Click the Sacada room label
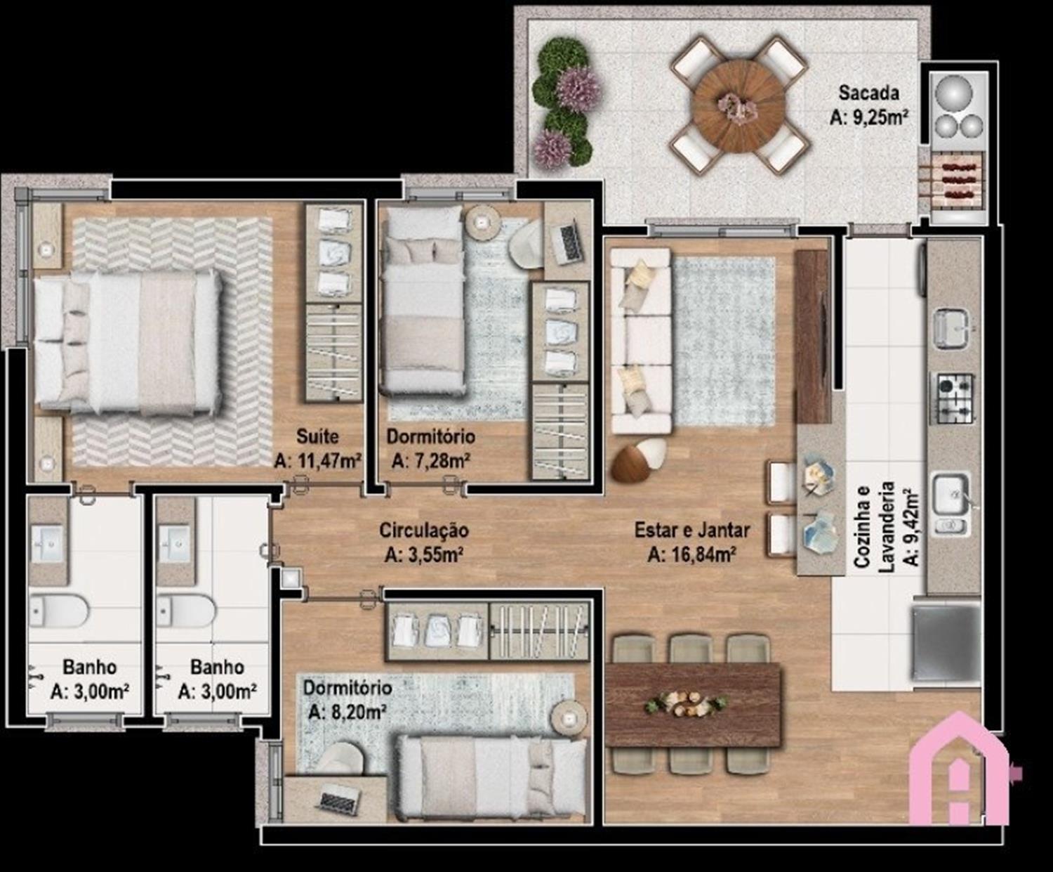tap(868, 93)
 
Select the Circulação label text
tap(423, 531)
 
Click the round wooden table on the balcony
tap(739, 105)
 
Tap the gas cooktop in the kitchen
tap(955, 398)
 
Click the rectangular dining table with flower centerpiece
tap(692, 705)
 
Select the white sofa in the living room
tap(641, 341)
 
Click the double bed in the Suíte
tap(127, 342)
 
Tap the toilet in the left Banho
tap(58, 611)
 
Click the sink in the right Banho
tap(175, 543)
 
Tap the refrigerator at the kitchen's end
tap(946, 641)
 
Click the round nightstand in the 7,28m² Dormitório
tap(482, 222)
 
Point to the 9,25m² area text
tap(869, 117)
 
